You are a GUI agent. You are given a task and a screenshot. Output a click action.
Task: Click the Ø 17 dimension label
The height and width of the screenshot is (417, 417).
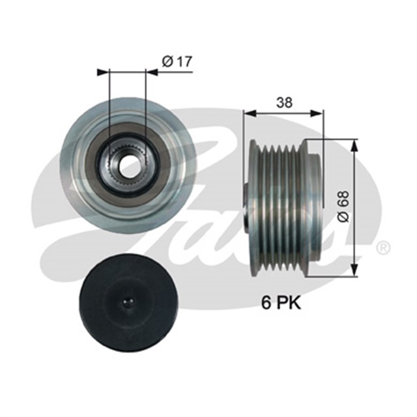(177, 62)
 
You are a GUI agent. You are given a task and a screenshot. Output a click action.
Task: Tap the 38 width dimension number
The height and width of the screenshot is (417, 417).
(283, 102)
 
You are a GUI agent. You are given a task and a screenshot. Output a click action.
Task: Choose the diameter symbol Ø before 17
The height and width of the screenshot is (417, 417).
(167, 62)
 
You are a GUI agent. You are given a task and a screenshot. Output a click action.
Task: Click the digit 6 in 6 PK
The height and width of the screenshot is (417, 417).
(265, 302)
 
